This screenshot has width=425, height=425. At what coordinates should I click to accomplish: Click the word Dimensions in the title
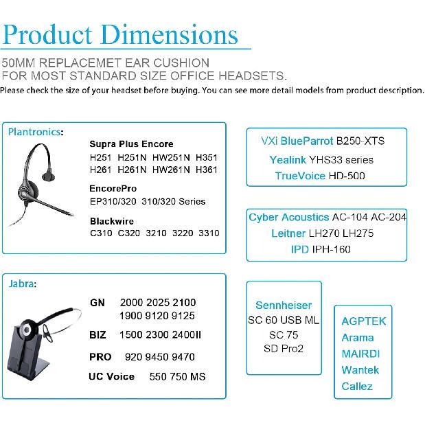click(x=170, y=34)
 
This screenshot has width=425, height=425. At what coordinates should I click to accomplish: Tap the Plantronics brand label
click(x=34, y=132)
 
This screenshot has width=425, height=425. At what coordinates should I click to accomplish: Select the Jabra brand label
click(x=21, y=284)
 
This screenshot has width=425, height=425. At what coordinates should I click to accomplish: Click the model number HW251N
click(x=171, y=158)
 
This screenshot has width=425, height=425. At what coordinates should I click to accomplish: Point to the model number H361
click(x=206, y=170)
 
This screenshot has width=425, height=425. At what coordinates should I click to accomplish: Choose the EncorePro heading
click(x=113, y=188)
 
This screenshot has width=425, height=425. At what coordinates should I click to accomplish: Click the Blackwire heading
click(x=112, y=221)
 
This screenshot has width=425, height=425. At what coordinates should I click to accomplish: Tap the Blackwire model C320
click(x=129, y=233)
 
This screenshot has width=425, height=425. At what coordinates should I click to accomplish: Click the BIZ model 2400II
click(x=187, y=335)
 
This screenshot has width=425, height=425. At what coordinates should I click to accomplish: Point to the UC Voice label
click(x=111, y=376)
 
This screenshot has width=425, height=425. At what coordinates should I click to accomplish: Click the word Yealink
click(x=288, y=160)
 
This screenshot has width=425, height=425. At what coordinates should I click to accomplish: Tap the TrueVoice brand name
click(x=300, y=176)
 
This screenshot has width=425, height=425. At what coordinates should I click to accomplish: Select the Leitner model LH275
click(x=358, y=233)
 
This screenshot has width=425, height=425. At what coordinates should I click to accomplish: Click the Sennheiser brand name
click(x=284, y=306)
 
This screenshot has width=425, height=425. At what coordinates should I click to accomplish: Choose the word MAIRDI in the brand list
click(x=360, y=354)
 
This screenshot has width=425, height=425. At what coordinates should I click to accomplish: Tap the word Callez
click(x=357, y=387)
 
